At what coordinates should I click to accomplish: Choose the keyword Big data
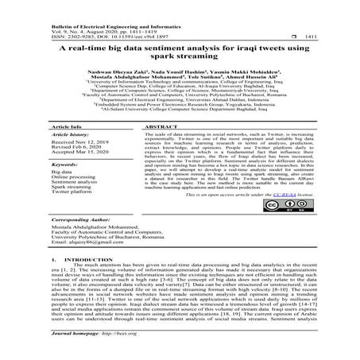(64, 172)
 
